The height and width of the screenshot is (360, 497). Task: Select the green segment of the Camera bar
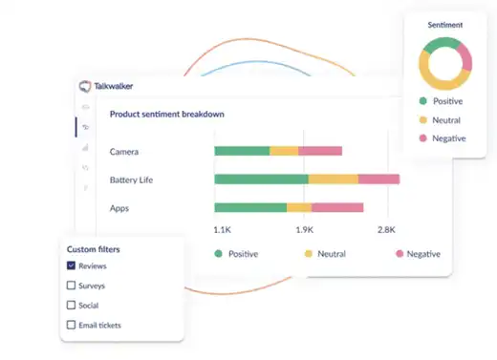pos(242,151)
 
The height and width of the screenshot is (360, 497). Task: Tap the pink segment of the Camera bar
pos(320,151)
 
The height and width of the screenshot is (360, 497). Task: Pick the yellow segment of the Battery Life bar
pos(333,179)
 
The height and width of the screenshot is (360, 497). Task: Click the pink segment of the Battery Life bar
pos(378,179)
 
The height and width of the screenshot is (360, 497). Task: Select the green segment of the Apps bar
pos(250,207)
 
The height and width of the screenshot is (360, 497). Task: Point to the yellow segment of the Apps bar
pos(299,207)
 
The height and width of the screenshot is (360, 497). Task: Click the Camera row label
pos(125,152)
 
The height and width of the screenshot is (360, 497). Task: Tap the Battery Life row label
pos(132,180)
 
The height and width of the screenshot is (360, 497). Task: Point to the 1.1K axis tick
pos(223,230)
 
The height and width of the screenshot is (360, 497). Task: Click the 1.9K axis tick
pos(305,230)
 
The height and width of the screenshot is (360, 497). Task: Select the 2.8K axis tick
pos(387,230)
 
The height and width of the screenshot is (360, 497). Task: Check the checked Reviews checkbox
pos(72,266)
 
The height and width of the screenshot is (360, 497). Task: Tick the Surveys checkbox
pos(72,286)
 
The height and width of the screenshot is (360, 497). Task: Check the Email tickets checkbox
pos(72,325)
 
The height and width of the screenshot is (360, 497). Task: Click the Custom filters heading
pos(94,249)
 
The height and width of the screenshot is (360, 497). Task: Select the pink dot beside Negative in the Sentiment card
pos(422,139)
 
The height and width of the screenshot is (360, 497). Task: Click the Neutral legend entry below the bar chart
pos(325,254)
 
